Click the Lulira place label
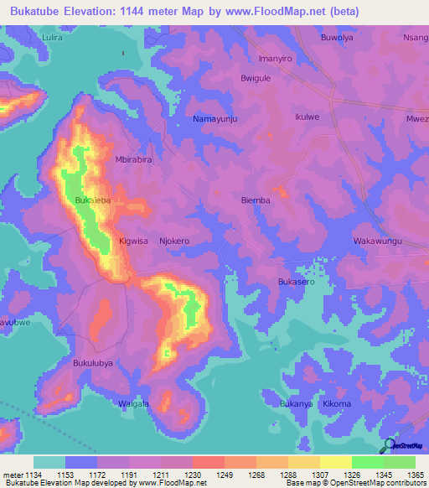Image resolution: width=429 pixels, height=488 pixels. click(52, 38)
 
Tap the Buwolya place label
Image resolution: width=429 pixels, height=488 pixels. click(339, 38)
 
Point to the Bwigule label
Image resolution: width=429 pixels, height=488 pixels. click(256, 78)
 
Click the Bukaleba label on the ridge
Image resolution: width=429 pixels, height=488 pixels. click(93, 201)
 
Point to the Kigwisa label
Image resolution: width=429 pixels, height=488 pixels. click(133, 241)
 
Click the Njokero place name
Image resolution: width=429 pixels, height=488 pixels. click(174, 241)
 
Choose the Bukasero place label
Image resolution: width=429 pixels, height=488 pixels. click(296, 283)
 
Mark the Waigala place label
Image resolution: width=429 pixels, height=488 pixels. click(133, 403)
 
